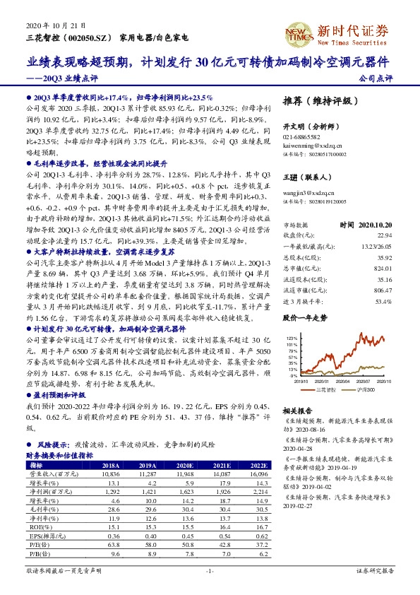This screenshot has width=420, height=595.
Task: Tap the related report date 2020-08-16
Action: [300, 429]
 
